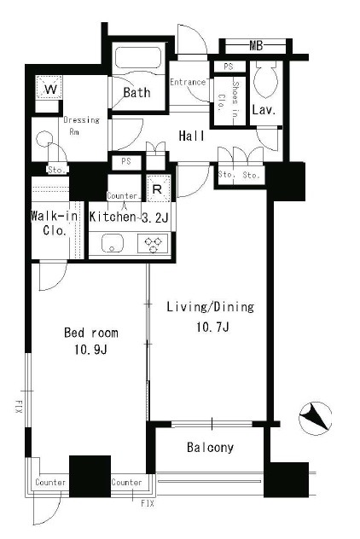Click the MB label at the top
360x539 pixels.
(256, 45)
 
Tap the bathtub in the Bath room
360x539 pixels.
(138, 58)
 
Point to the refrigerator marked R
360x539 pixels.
(158, 188)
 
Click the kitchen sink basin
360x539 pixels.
(112, 243)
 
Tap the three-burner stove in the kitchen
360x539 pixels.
(153, 243)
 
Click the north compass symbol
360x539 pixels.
(315, 418)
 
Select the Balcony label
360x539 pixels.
(210, 447)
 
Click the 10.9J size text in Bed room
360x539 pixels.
(90, 350)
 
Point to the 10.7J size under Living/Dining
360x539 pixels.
(212, 327)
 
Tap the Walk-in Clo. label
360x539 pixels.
(54, 223)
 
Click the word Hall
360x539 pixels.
(191, 136)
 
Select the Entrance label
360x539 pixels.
(188, 82)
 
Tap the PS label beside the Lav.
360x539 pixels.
(229, 67)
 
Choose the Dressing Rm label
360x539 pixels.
(82, 125)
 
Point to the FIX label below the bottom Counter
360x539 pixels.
(148, 503)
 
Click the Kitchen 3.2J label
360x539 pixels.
(129, 217)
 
